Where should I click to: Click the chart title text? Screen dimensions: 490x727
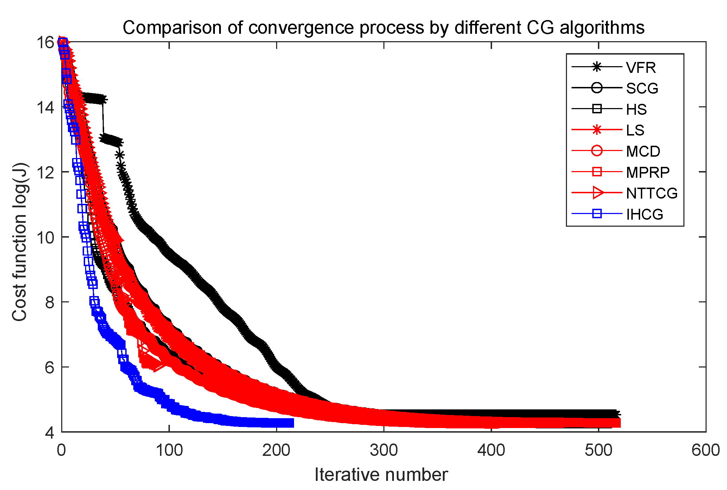(383, 27)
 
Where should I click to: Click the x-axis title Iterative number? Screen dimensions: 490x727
(381, 475)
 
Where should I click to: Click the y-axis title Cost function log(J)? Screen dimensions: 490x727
(19, 242)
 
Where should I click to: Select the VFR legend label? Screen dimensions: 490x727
(641, 68)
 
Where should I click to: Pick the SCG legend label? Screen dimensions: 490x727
(642, 88)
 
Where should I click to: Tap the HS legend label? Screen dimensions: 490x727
(636, 109)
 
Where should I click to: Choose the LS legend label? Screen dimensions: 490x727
(635, 130)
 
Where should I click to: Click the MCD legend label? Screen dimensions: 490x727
(643, 151)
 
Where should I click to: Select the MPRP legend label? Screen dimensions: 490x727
(648, 172)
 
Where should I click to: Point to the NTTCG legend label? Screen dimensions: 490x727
(651, 193)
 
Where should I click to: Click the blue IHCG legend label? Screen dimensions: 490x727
(644, 214)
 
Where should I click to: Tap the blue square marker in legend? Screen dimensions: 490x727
(597, 214)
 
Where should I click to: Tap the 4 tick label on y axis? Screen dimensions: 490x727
(50, 432)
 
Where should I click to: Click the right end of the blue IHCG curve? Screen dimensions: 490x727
(293, 423)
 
